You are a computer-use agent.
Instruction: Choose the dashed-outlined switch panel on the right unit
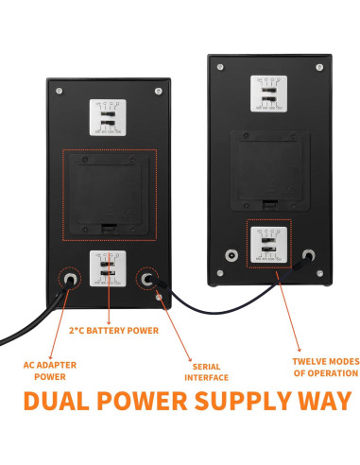268,243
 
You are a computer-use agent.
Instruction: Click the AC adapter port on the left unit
69,279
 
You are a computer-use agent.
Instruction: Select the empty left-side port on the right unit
231,254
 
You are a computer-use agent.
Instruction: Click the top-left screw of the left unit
60,91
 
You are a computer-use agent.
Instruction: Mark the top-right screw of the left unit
157,91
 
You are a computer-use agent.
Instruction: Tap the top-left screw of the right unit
220,68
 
